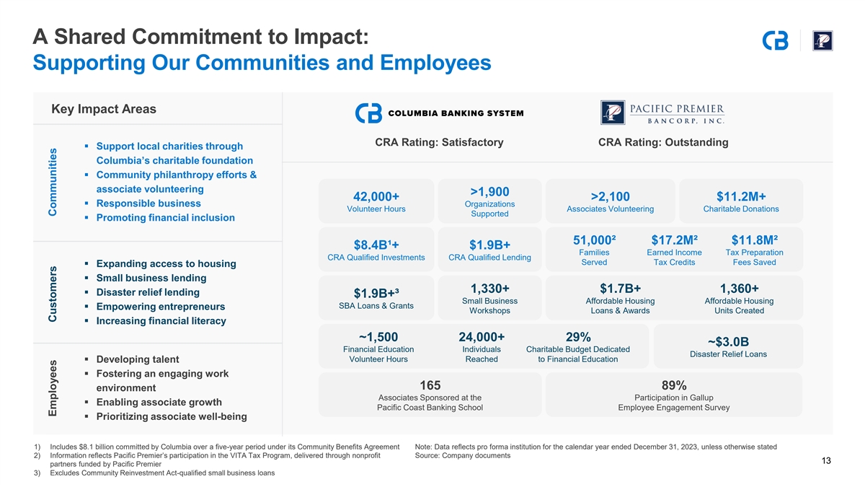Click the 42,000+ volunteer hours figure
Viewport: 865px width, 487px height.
(376, 197)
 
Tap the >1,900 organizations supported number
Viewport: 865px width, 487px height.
(489, 191)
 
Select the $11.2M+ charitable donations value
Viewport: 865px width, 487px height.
(741, 197)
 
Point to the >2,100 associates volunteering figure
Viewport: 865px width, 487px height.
(610, 197)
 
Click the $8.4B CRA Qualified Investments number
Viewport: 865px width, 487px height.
(376, 246)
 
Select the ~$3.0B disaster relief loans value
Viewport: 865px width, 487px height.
(728, 341)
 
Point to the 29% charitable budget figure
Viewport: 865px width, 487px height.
(579, 337)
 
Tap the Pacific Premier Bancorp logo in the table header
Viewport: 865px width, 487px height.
(662, 113)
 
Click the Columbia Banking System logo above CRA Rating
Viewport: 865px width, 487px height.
(440, 113)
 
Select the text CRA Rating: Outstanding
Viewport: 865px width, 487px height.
(663, 142)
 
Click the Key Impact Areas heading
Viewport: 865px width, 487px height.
(104, 109)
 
